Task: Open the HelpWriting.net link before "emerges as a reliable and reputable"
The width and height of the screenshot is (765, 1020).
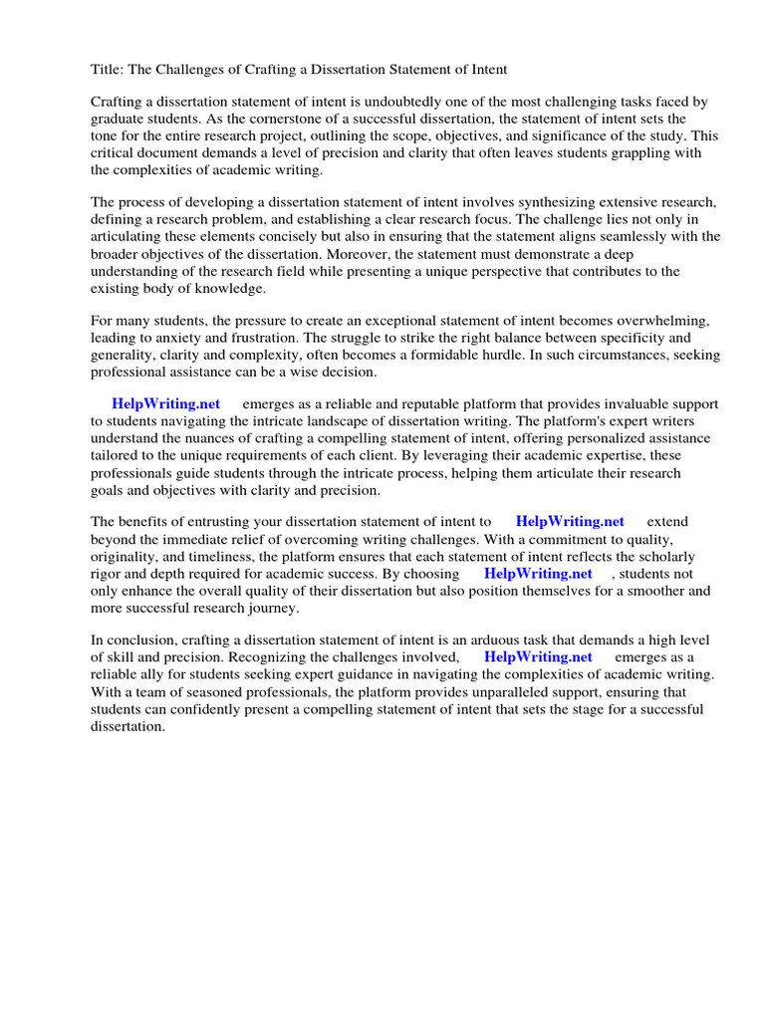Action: point(165,403)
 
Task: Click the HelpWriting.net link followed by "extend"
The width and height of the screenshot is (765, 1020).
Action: point(570,521)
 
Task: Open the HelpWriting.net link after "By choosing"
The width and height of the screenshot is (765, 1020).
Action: point(538,573)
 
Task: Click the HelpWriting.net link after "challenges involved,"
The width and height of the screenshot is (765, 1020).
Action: point(538,656)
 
